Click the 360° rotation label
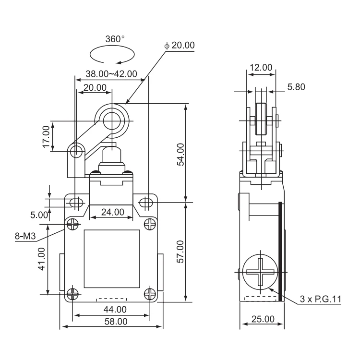pyautogui.click(x=115, y=39)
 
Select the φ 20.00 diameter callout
pyautogui.click(x=179, y=45)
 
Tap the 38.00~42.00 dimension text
pyautogui.click(x=111, y=74)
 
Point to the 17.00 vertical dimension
pyautogui.click(x=46, y=136)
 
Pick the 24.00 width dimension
pyautogui.click(x=111, y=212)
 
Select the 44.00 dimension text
pyautogui.click(x=111, y=310)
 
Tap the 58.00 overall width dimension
pyautogui.click(x=111, y=322)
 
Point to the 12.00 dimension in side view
pyautogui.click(x=261, y=68)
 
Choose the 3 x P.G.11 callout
pyautogui.click(x=320, y=299)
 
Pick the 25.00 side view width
pyautogui.click(x=263, y=319)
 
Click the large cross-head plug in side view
pyautogui.click(x=259, y=271)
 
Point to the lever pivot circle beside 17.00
pyautogui.click(x=75, y=152)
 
